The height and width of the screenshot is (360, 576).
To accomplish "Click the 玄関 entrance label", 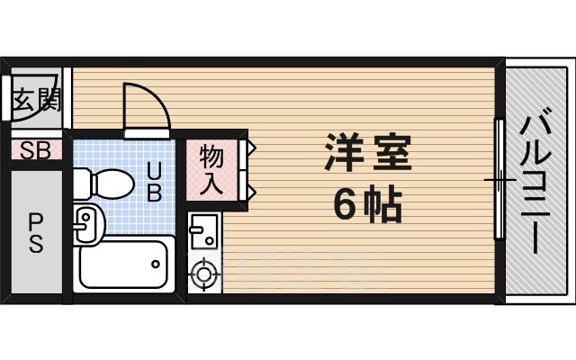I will click(36, 100).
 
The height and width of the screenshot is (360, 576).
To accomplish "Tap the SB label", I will click(36, 150).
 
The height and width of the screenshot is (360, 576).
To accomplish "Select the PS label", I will click(36, 232).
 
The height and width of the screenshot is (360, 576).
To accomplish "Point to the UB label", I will click(154, 180).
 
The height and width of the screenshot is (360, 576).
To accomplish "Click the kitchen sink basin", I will click(202, 233).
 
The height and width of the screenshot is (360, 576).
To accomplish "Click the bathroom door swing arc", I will click(144, 106).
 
